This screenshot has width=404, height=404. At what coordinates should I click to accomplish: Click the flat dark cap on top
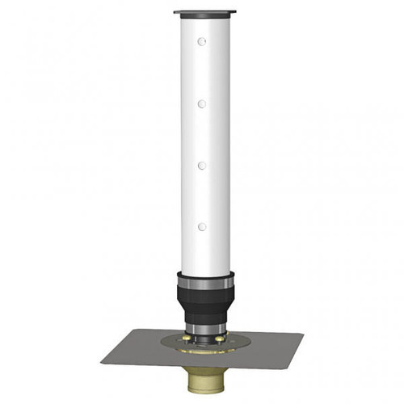click(204, 12)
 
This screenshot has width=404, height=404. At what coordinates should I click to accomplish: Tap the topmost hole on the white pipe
click(202, 41)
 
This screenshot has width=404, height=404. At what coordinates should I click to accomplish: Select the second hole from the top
click(202, 103)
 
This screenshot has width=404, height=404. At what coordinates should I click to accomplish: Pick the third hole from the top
click(202, 165)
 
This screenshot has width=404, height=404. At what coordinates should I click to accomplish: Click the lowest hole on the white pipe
click(202, 226)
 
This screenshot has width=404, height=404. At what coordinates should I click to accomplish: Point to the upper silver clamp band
click(205, 284)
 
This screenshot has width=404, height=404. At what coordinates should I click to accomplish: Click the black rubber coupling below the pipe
click(205, 302)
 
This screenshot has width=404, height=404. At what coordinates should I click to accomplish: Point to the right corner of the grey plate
click(303, 334)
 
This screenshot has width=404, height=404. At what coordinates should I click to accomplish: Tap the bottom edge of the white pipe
click(205, 273)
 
